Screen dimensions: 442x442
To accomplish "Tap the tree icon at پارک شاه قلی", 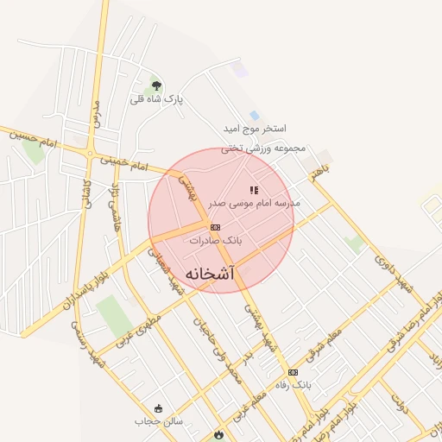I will click(x=156, y=85).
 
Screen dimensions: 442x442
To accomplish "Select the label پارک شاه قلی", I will click(x=157, y=99).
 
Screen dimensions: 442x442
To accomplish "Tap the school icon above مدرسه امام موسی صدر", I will click(x=254, y=189).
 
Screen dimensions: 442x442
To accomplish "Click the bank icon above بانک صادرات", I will click(x=215, y=226).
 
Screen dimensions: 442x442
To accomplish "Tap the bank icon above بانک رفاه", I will click(x=294, y=372).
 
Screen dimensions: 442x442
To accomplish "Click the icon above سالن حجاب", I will click(x=158, y=408).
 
